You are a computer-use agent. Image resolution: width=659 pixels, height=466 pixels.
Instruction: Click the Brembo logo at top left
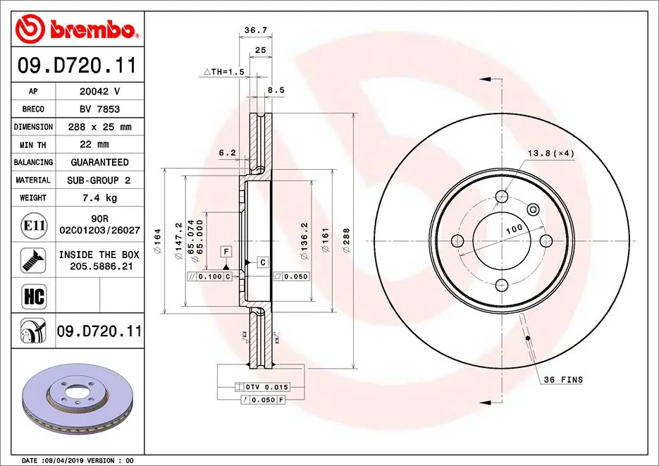pos(76,30)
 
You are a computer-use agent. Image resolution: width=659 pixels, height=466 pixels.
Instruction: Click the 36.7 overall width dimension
pos(254,30)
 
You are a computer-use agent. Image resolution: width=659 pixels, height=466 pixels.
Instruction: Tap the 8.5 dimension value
pos(276,90)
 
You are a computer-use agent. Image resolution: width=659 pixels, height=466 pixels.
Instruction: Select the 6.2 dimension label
pos(226,152)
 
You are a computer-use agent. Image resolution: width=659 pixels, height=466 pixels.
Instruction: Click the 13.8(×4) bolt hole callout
pos(551,153)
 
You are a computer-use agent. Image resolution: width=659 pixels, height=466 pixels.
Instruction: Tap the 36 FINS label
pos(562,380)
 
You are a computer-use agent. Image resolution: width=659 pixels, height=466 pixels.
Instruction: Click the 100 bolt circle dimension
pos(514,229)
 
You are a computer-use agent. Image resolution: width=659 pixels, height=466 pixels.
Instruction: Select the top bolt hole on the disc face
pos(502,197)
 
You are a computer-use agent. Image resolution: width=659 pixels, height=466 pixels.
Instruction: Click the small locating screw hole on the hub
pos(533,209)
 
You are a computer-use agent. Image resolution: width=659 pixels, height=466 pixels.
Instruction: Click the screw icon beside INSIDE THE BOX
pos(34,259)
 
